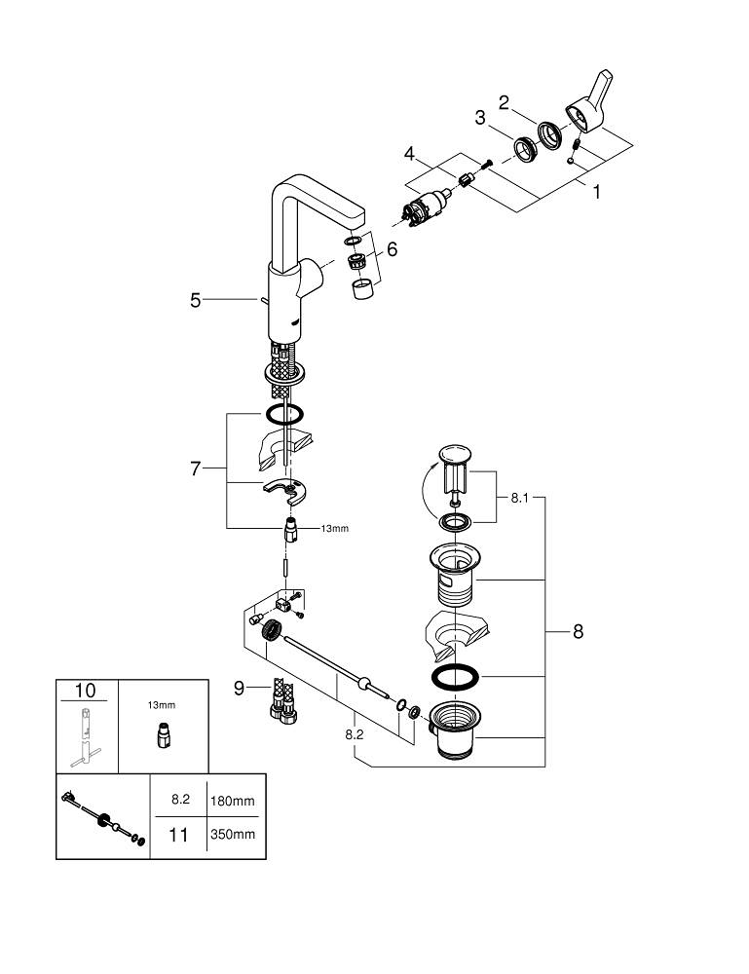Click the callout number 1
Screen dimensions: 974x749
coord(596,192)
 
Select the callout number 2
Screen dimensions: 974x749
coord(505,101)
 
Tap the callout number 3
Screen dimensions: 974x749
coord(480,118)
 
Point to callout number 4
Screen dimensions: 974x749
coord(410,153)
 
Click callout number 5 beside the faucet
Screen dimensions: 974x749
coord(196,301)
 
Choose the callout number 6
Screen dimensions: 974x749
coord(392,249)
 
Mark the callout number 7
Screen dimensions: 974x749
coord(195,468)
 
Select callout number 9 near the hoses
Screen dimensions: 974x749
coord(238,690)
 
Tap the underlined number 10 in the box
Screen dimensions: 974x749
coord(86,690)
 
